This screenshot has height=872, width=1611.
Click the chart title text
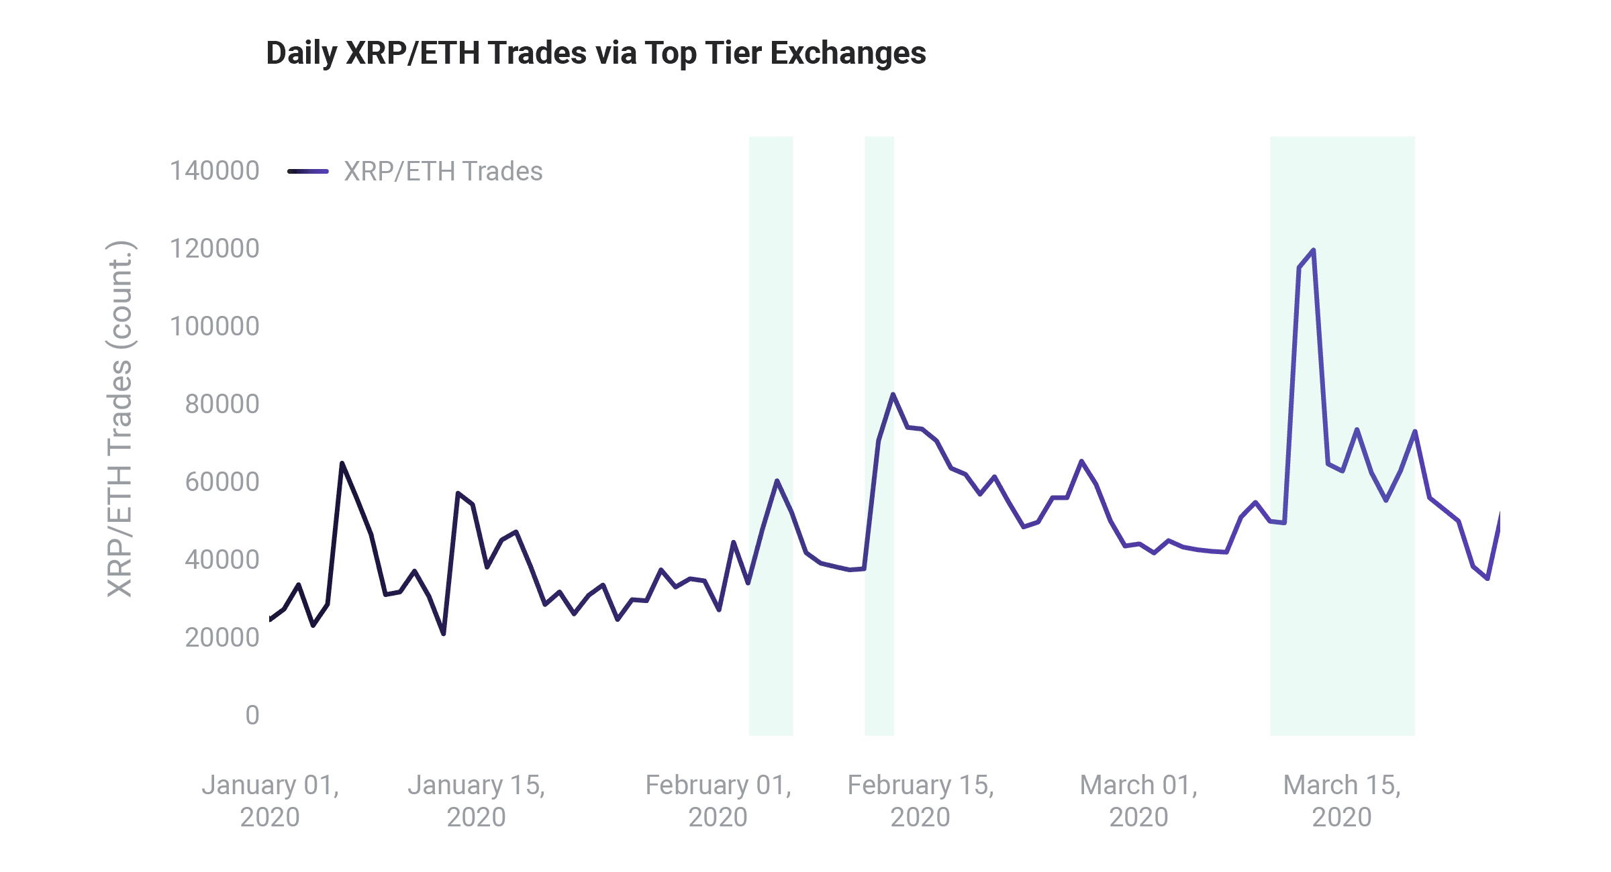pos(596,53)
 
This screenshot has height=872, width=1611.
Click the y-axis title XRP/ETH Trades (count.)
pos(121,419)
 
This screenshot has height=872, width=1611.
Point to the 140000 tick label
pos(214,171)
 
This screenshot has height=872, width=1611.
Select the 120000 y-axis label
pos(214,249)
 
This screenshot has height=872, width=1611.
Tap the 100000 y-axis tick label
pos(214,327)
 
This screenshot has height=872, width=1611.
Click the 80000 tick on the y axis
pos(222,404)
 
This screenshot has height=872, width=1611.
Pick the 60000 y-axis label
pos(222,482)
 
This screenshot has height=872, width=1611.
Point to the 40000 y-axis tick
pos(222,560)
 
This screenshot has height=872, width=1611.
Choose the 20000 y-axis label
pos(222,638)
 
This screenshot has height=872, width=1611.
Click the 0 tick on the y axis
pos(252,716)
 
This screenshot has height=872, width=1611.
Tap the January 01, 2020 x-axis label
pos(270,801)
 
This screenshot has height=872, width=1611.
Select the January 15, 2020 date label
pos(476,801)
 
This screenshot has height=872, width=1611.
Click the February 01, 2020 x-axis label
pos(718,801)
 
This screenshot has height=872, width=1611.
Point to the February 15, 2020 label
pos(920,801)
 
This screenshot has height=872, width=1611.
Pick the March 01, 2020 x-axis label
pos(1138,801)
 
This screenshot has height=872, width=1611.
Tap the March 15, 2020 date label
pos(1342,801)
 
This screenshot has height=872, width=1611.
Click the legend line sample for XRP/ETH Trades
pos(308,172)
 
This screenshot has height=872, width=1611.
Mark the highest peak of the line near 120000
pos(1313,250)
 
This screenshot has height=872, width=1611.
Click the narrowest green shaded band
pos(879,436)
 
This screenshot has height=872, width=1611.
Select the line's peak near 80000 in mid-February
pos(893,394)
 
